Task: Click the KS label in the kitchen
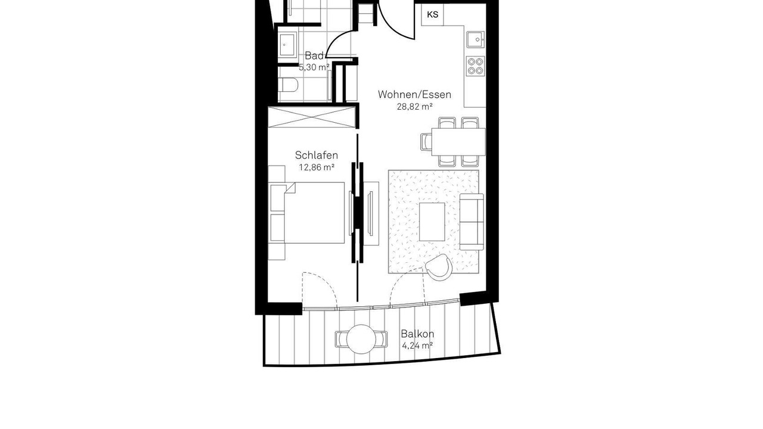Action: pos(433,15)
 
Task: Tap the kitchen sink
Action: pos(476,39)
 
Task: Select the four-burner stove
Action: pos(476,66)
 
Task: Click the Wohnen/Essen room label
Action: pos(414,95)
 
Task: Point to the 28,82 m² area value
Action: pos(414,107)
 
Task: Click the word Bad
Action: pos(314,55)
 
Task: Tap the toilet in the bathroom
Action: pos(288,85)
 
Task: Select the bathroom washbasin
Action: pos(287,45)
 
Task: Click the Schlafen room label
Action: pos(317,156)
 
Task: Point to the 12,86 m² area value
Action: pos(317,167)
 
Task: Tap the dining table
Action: pos(458,142)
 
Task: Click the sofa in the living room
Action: pos(472,222)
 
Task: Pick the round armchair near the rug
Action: pos(439,268)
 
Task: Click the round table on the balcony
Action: pos(361,339)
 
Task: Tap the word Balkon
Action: pos(417,334)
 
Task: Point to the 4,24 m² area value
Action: pos(417,346)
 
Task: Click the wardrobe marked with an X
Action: pos(312,117)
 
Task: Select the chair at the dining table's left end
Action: pos(426,142)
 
